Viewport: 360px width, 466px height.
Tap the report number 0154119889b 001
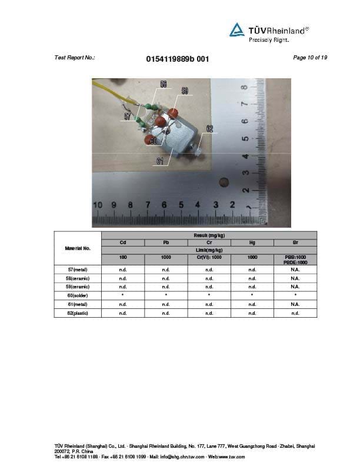pyautogui.click(x=176, y=59)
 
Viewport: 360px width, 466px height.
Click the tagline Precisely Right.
pyautogui.click(x=269, y=40)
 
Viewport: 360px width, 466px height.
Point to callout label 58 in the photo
pyautogui.click(x=163, y=85)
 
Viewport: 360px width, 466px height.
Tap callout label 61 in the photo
pyautogui.click(x=160, y=161)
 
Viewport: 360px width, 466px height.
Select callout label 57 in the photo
pyautogui.click(x=128, y=116)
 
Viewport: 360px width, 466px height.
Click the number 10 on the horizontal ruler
pyautogui.click(x=98, y=205)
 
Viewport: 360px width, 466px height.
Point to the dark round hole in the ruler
pyautogui.click(x=224, y=182)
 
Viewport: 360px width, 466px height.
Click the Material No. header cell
pyautogui.click(x=78, y=248)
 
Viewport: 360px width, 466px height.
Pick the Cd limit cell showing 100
pyautogui.click(x=123, y=257)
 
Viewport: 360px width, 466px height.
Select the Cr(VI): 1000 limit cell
pyautogui.click(x=209, y=257)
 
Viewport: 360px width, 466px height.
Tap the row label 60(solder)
pyautogui.click(x=78, y=295)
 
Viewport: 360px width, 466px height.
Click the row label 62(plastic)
pyautogui.click(x=78, y=313)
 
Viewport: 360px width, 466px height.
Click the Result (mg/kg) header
pyautogui.click(x=209, y=235)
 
